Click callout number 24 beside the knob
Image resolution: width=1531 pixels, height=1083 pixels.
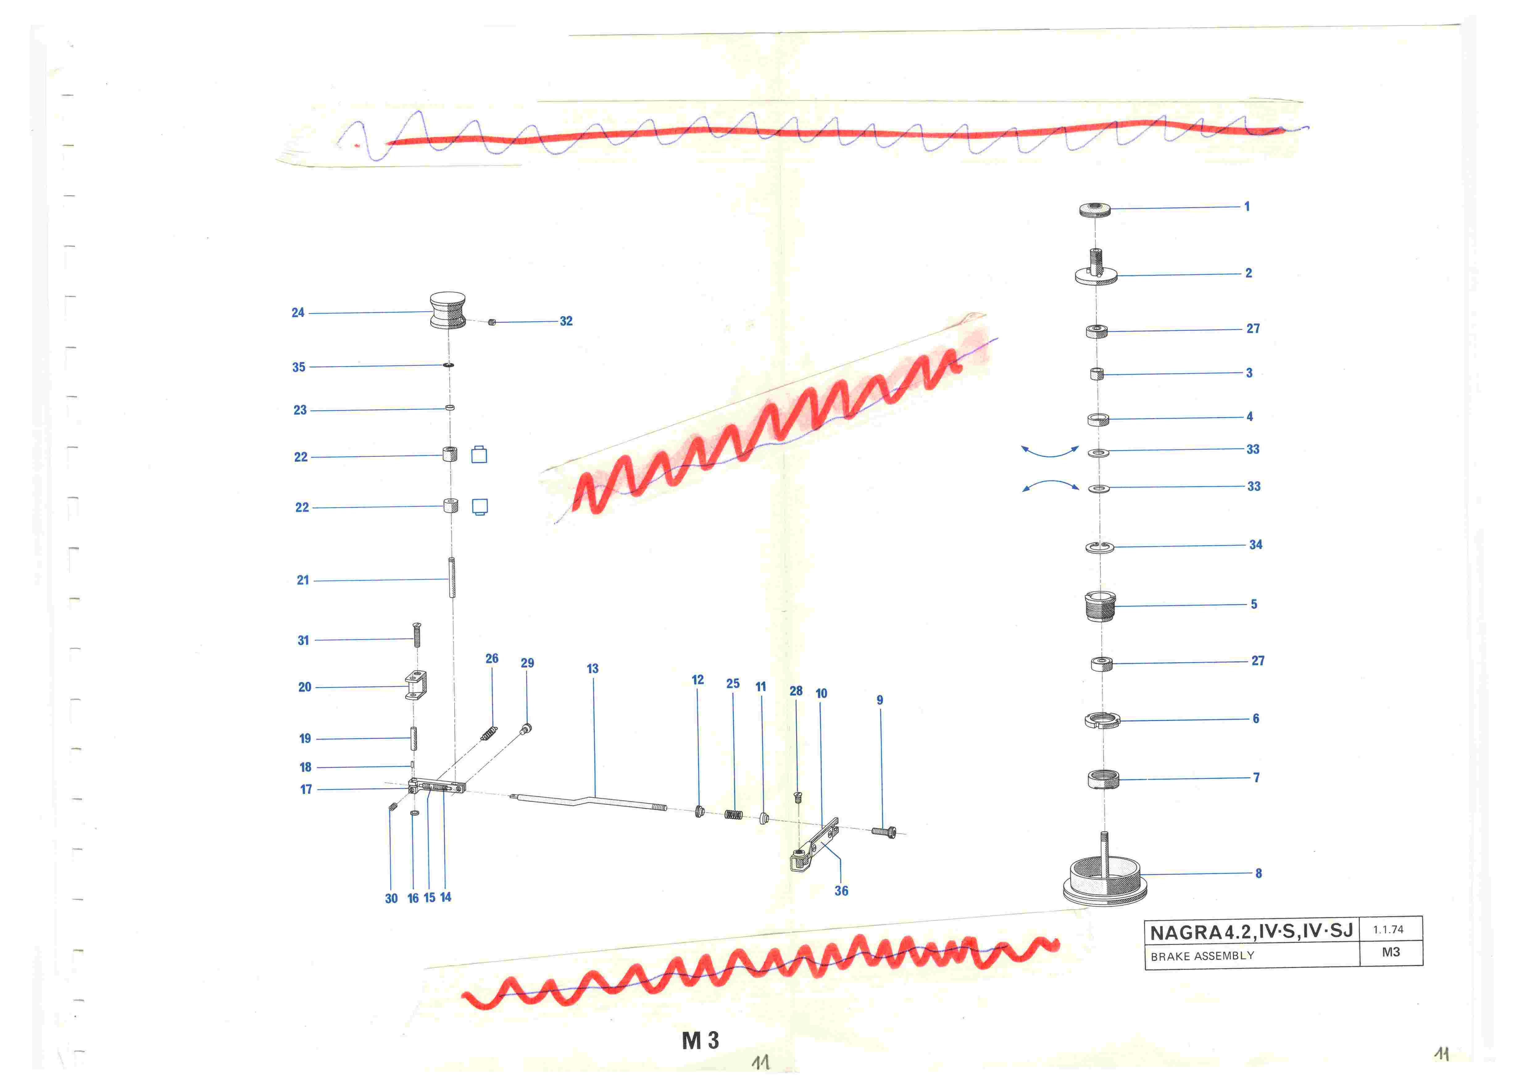(x=298, y=313)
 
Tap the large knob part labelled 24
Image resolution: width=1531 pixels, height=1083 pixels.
(x=447, y=310)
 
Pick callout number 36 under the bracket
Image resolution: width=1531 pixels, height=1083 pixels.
(x=842, y=891)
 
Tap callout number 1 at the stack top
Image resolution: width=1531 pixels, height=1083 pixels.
(x=1247, y=207)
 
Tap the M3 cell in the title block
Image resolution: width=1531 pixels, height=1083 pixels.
(x=1391, y=952)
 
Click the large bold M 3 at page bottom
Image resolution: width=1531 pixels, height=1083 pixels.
(x=700, y=1040)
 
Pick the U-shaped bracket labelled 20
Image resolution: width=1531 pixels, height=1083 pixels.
(x=415, y=686)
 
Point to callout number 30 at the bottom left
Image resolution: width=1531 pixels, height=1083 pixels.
(x=391, y=899)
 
